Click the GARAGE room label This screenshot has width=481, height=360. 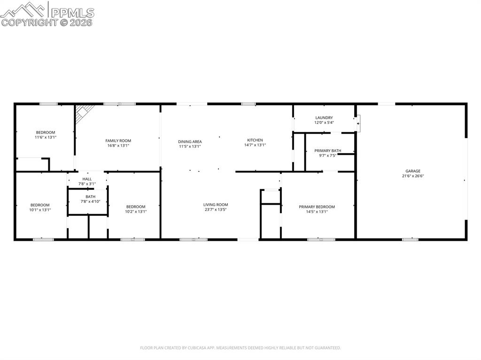[413, 171]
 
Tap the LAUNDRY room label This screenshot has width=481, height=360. [324, 118]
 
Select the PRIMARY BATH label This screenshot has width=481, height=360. [328, 151]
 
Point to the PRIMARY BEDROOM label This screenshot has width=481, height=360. [317, 207]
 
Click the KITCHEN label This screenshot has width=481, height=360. [255, 140]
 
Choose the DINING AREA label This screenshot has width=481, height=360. [190, 141]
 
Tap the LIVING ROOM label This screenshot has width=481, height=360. [216, 204]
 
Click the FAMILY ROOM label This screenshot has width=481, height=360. [118, 140]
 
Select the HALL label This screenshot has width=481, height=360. [87, 179]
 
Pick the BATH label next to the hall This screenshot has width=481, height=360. [90, 197]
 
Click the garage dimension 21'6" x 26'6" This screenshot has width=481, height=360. [413, 176]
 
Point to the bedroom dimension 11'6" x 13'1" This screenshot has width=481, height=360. [46, 138]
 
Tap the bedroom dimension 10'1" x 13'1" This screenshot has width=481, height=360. [40, 210]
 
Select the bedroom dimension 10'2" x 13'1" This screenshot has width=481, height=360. [136, 211]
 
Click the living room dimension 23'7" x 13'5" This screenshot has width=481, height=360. [216, 209]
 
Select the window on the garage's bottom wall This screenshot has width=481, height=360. [410, 239]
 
